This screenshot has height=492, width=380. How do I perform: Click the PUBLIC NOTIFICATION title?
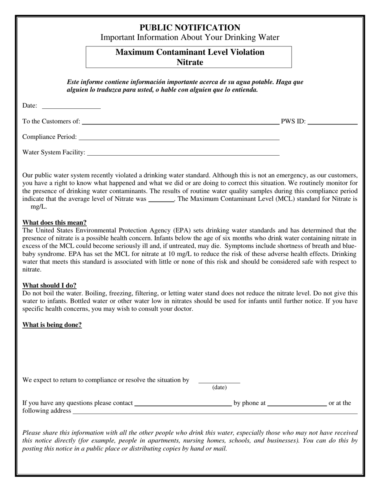(190, 28)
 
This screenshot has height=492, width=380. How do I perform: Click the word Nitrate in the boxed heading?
(190, 62)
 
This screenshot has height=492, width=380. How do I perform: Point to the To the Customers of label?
(51, 122)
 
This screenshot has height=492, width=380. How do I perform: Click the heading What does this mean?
(54, 223)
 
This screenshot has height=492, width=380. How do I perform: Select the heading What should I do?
(49, 286)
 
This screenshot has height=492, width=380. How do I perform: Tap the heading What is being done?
(52, 325)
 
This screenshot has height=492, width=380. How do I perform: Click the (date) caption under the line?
(219, 387)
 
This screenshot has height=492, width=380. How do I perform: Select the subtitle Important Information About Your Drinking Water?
(190, 38)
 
